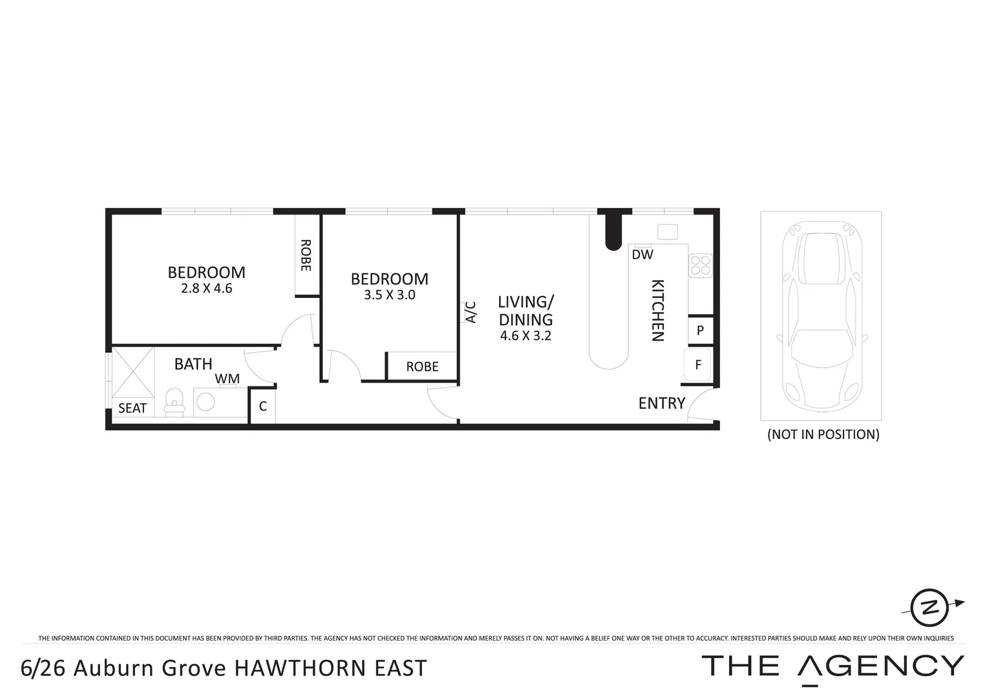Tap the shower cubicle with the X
coord(133,372)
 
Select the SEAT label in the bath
coord(133,408)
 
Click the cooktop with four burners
coord(701,265)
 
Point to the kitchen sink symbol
coord(667,231)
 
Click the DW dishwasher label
coord(642,255)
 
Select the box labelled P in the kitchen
coord(700,331)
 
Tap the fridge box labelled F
coord(698,365)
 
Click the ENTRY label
coord(661,403)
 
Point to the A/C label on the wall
coord(471,312)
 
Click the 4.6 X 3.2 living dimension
coord(525,336)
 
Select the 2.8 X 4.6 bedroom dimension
coord(206,289)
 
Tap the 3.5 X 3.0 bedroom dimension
coord(389,295)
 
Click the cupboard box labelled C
coord(262,407)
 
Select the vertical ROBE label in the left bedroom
coord(306,255)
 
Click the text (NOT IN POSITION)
coord(823,434)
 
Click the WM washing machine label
coord(227,378)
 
